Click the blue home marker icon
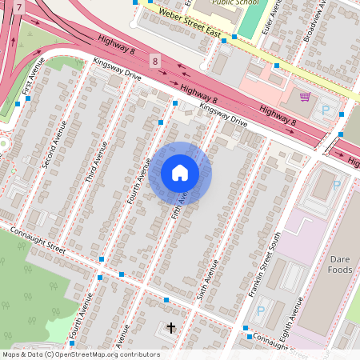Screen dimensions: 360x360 pyautogui.click(x=180, y=173)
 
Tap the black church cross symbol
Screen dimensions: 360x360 pyautogui.click(x=170, y=327)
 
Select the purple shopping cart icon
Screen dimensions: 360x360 pyautogui.click(x=305, y=97)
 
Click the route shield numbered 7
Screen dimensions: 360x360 pyautogui.click(x=19, y=6)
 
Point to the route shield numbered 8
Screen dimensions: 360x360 pyautogui.click(x=154, y=61)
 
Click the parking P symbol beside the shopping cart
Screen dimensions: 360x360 pyautogui.click(x=326, y=109)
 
